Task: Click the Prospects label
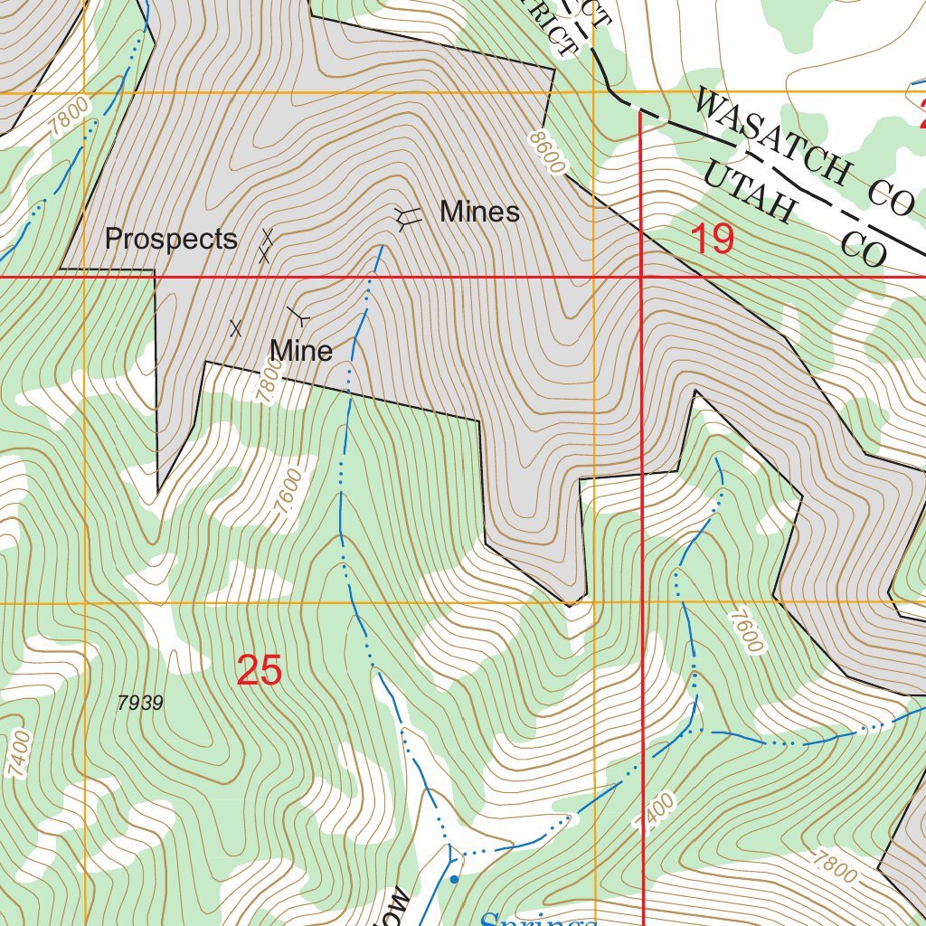[171, 240]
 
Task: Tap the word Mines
[479, 212]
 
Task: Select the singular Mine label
[301, 350]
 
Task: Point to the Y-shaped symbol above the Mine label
[298, 317]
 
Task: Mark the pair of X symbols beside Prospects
[266, 246]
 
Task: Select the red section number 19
[712, 240]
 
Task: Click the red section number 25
[260, 671]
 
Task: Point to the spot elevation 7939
[140, 703]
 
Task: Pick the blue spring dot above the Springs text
[454, 878]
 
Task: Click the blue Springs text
[534, 918]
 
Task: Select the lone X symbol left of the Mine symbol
[236, 328]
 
